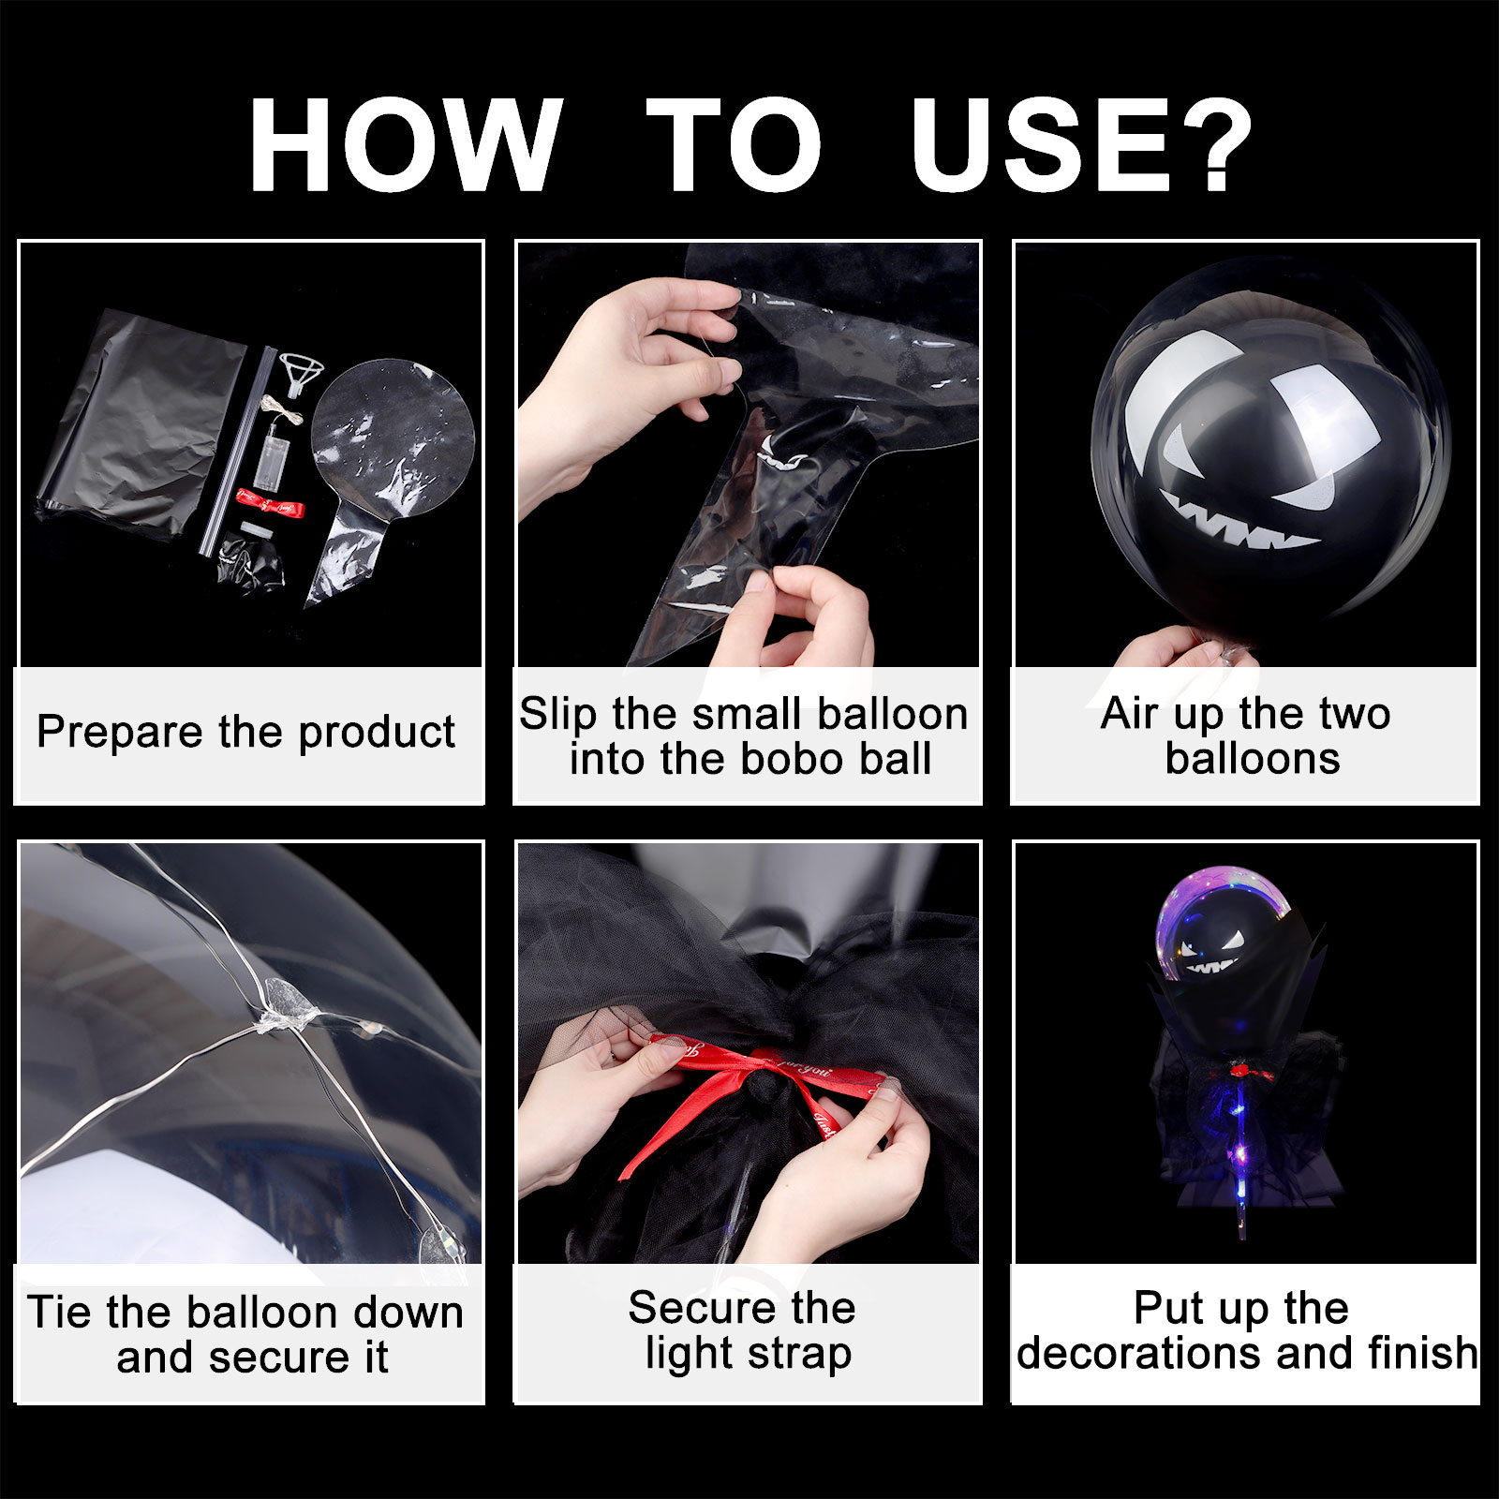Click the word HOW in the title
click(406, 146)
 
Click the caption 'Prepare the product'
click(245, 732)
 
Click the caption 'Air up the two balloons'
click(1246, 735)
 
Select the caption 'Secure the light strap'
click(743, 1330)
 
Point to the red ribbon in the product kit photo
click(270, 505)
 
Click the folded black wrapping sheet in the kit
click(141, 426)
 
